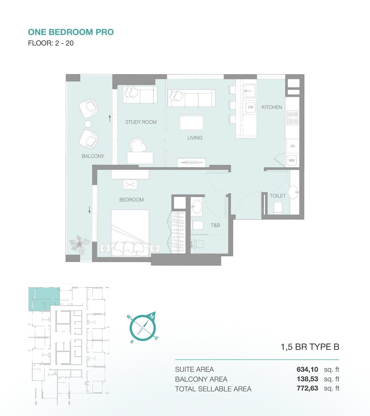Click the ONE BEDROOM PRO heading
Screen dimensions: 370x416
point(71,32)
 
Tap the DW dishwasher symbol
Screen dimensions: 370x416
point(250,107)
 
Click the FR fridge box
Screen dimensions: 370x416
point(292,146)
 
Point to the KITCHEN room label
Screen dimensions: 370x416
point(272,107)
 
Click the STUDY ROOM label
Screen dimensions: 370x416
point(141,122)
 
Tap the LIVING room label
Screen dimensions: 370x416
point(195,138)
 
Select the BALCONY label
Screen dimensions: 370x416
point(93,156)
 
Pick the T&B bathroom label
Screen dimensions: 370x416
point(215,225)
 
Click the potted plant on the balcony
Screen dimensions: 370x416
point(79,243)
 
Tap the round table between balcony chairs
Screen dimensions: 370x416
point(88,124)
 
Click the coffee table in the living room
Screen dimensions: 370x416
point(191,123)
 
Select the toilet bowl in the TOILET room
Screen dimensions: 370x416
point(278,208)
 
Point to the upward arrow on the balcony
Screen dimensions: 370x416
point(110,118)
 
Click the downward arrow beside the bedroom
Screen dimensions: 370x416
point(89,210)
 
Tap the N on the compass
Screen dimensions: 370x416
point(152,316)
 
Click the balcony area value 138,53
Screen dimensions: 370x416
point(307,379)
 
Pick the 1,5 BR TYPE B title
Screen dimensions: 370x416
point(310,347)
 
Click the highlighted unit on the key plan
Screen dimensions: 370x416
point(44,299)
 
